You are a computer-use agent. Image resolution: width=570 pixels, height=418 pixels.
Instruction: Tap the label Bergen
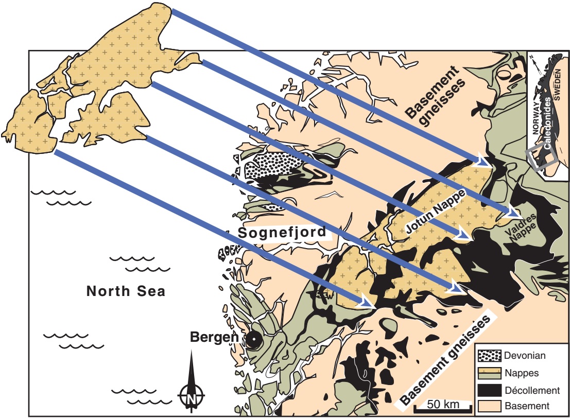point(214,338)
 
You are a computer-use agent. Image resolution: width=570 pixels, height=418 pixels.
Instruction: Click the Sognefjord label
point(283,233)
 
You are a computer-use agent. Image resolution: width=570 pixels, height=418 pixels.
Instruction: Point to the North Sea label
point(126,291)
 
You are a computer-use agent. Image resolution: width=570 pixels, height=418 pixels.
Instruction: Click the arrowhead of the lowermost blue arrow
point(367,303)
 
